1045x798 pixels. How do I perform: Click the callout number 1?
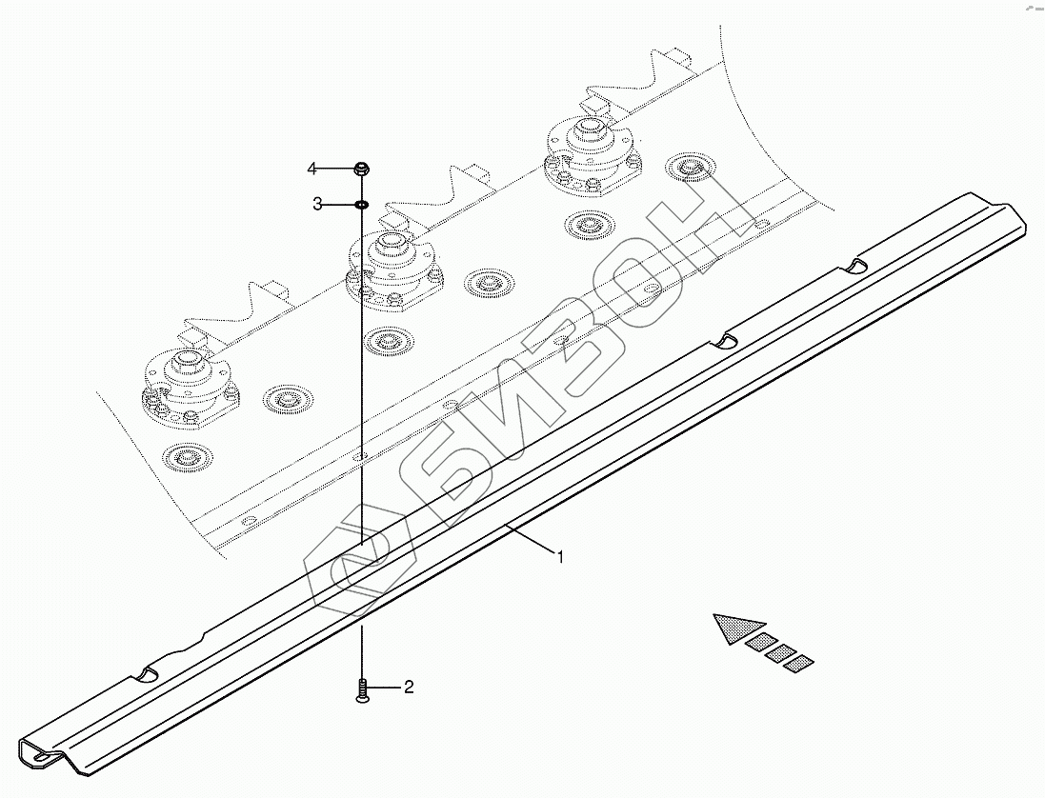point(561,557)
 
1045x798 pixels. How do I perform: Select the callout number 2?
point(409,687)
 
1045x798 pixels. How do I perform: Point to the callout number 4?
point(311,170)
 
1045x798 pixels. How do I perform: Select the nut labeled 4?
point(362,170)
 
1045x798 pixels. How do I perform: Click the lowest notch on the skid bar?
point(145,673)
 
